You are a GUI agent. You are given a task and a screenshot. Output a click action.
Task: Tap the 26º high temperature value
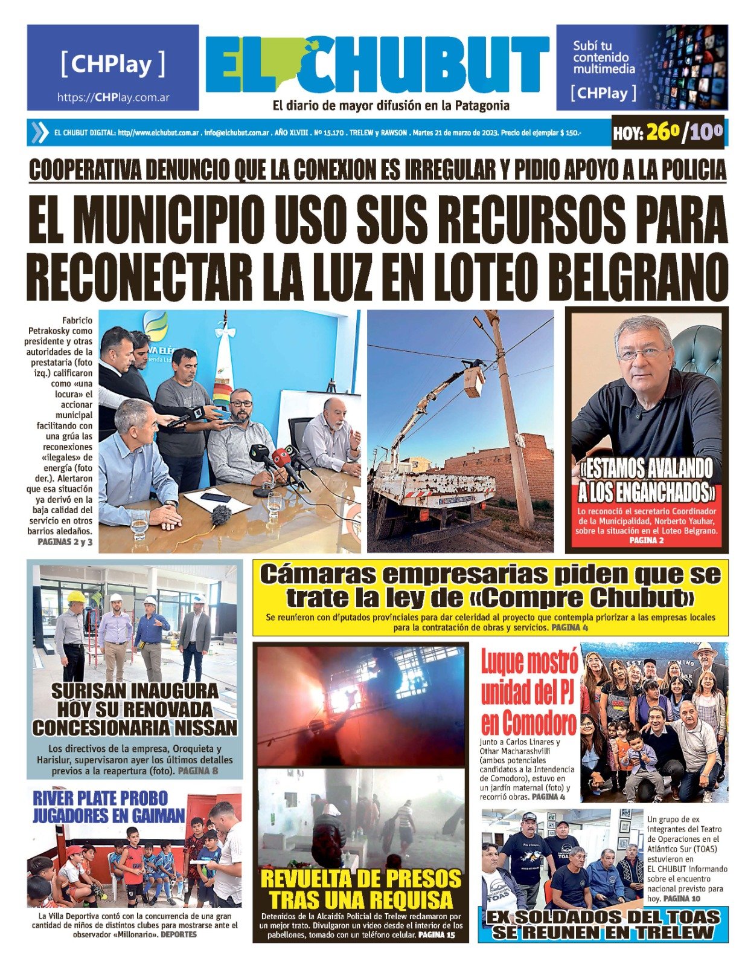[662, 132]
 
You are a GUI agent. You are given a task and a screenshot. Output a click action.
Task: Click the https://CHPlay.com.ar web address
[113, 97]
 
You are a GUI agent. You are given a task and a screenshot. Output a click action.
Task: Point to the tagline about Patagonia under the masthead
[391, 106]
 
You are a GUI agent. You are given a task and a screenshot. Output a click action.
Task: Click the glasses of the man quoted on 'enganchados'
[642, 352]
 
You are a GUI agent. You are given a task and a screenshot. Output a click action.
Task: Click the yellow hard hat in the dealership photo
[76, 597]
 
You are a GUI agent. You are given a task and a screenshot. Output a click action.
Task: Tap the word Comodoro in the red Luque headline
[529, 723]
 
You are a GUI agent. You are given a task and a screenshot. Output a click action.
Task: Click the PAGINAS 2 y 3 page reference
[65, 542]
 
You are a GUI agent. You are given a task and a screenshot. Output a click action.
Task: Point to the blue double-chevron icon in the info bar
[40, 132]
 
